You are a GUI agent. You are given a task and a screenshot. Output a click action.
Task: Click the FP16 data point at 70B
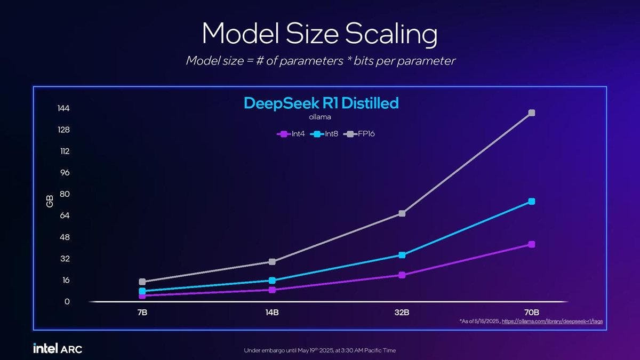pos(532,113)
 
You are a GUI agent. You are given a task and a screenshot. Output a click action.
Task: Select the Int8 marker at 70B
pos(532,201)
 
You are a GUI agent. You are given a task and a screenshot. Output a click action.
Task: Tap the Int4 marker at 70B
pos(532,244)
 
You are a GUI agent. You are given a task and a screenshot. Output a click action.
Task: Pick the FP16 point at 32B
pos(402,213)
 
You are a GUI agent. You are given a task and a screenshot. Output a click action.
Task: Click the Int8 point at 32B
pos(402,255)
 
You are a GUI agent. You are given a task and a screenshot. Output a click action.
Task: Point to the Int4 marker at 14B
pos(272,290)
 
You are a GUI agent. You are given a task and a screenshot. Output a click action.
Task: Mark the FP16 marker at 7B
pos(142,282)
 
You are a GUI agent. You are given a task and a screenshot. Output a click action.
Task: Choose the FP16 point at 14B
pos(272,262)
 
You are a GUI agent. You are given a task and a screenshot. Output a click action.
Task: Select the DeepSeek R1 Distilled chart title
pos(321,103)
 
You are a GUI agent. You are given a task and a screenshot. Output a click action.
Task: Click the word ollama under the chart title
pos(321,117)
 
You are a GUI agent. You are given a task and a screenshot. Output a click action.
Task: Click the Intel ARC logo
pos(58,349)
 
